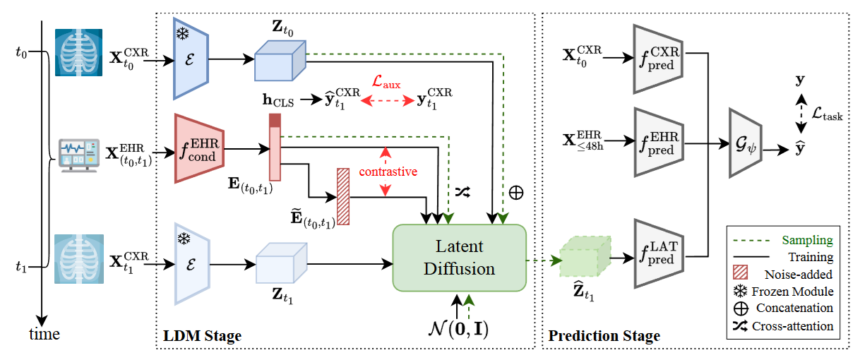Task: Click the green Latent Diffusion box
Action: (459, 258)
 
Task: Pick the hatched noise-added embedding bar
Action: (343, 196)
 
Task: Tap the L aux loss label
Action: (387, 83)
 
